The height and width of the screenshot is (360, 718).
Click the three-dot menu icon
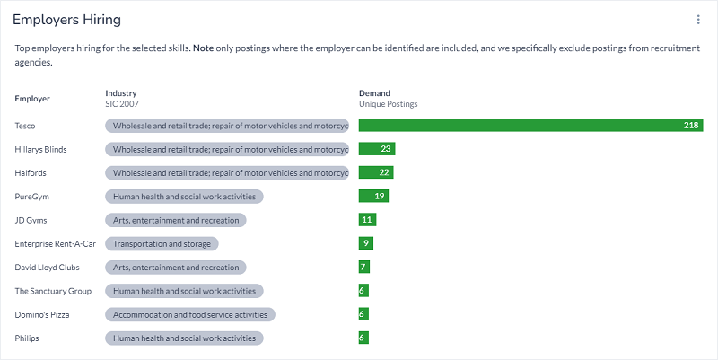698,20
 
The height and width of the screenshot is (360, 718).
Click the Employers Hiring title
66,20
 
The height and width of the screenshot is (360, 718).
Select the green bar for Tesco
530,126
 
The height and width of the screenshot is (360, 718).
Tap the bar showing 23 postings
377,149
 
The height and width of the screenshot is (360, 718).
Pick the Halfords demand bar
376,172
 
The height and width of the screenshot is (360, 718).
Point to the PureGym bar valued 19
373,196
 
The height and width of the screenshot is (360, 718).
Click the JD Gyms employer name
31,220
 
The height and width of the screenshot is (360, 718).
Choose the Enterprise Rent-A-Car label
56,243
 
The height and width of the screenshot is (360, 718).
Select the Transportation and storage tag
162,243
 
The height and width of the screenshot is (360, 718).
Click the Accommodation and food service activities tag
190,314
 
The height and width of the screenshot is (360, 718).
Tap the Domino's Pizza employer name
42,315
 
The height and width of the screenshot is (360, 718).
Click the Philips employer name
27,338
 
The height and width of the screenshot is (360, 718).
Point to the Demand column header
374,93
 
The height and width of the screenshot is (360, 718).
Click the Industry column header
121,93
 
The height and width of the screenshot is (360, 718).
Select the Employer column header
32,99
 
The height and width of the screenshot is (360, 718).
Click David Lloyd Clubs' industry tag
176,268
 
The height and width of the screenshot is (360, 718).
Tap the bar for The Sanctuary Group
363,291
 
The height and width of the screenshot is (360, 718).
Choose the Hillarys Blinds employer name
41,149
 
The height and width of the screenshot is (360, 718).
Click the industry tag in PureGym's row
184,197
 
